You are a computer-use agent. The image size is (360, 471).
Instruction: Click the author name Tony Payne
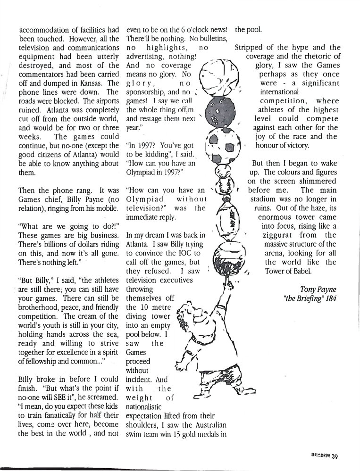[318, 289]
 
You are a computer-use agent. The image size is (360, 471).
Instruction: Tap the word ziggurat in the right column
[282, 234]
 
